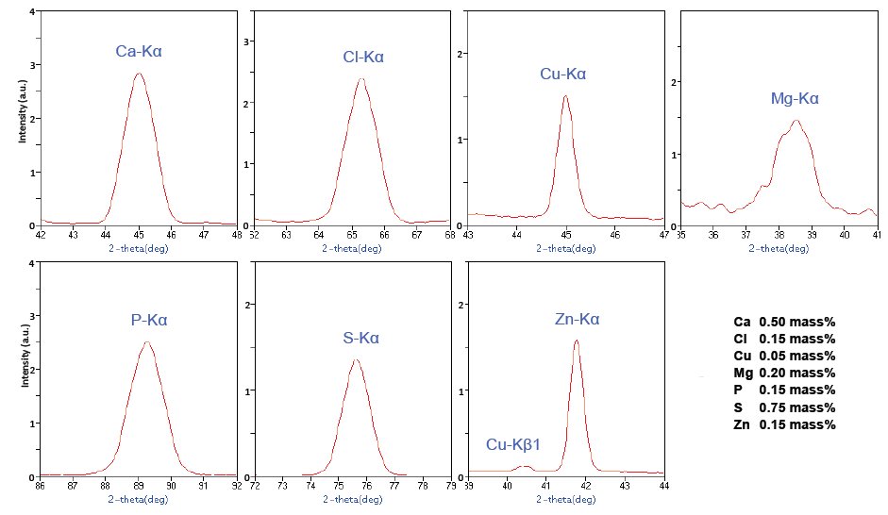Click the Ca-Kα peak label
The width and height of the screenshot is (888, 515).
(x=139, y=51)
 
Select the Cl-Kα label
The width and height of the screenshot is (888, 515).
(x=363, y=58)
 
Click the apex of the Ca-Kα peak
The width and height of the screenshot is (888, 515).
(x=139, y=74)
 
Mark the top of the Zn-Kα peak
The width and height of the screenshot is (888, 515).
(x=576, y=341)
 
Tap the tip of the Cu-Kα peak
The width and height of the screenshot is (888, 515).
(x=565, y=95)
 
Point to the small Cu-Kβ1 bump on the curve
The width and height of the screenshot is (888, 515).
(x=527, y=466)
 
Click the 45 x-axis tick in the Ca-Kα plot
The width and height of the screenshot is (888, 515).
(x=139, y=234)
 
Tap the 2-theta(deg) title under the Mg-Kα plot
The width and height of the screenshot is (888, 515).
(x=779, y=248)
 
